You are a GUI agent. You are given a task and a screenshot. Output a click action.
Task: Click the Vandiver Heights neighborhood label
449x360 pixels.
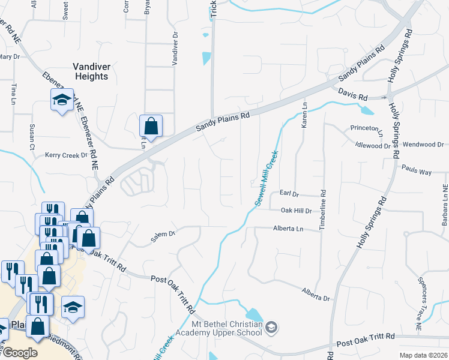[91, 71]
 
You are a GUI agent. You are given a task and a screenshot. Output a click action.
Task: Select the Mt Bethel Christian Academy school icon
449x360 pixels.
[272, 328]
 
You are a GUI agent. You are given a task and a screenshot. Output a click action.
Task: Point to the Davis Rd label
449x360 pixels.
[352, 94]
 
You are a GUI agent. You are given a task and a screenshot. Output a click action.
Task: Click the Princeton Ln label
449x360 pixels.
[368, 129]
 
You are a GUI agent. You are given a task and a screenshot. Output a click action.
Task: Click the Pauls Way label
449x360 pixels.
[417, 172]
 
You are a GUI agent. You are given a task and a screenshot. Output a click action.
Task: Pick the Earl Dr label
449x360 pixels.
[289, 193]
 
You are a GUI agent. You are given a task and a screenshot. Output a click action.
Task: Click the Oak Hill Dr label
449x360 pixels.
[297, 211]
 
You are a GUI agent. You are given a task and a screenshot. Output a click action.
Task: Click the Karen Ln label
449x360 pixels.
[304, 114]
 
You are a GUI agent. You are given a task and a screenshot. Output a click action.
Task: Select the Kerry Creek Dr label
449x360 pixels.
[66, 155]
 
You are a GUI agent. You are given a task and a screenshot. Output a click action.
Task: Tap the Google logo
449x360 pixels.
[19, 353]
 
